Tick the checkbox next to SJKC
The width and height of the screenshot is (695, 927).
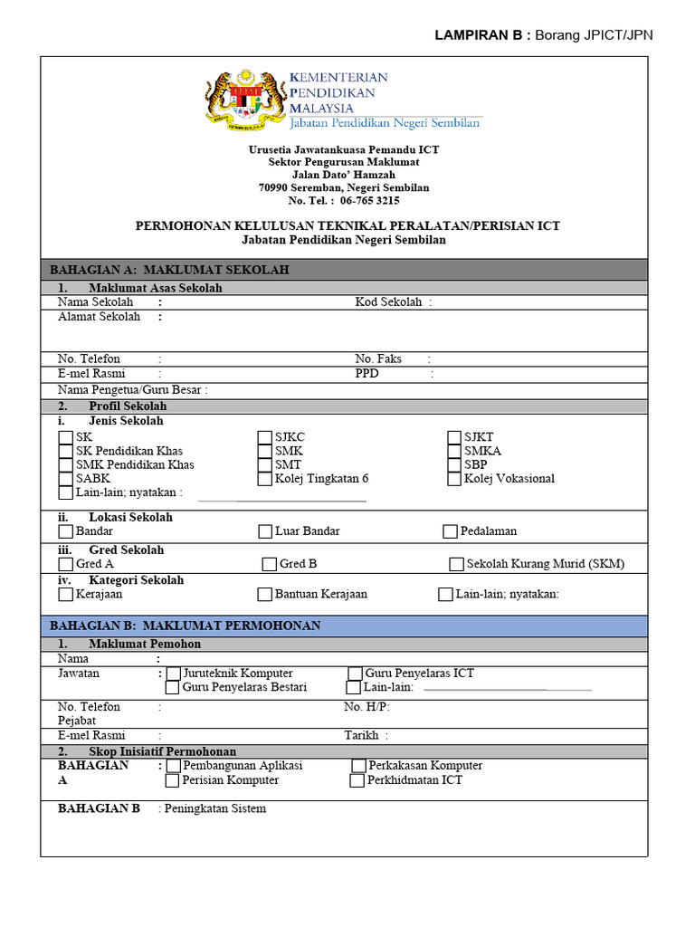264,437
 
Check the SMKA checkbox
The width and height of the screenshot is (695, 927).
454,451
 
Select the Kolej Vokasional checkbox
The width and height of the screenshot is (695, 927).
454,479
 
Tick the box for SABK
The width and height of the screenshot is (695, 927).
65,479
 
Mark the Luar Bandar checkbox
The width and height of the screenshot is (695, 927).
265,531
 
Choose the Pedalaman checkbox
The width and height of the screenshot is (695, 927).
450,531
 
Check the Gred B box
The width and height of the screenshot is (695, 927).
269,564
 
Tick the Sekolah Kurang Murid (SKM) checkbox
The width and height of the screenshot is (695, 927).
456,564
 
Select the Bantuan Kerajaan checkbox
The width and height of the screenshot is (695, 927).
264,595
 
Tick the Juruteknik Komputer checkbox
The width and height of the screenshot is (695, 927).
173,674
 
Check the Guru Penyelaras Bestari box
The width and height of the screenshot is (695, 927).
173,687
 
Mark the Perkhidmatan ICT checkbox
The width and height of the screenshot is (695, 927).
357,780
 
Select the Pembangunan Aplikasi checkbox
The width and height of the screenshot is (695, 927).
173,766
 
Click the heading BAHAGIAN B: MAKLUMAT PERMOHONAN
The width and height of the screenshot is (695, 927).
185,626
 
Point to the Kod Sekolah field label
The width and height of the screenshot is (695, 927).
389,302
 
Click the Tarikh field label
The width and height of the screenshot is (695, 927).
361,736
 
